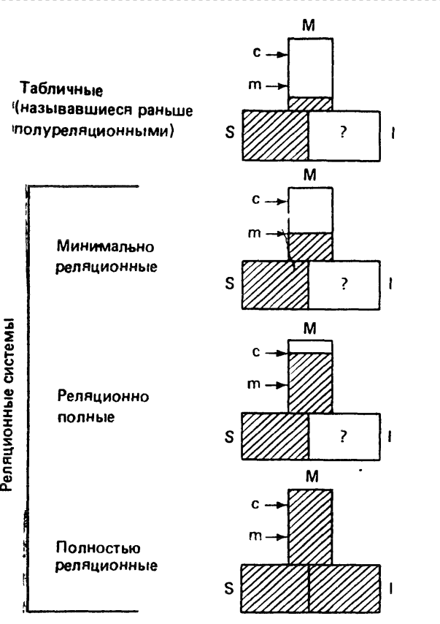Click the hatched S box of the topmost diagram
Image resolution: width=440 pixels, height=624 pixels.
pos(275,136)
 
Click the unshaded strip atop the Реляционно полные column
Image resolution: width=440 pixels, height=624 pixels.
pos(311,346)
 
